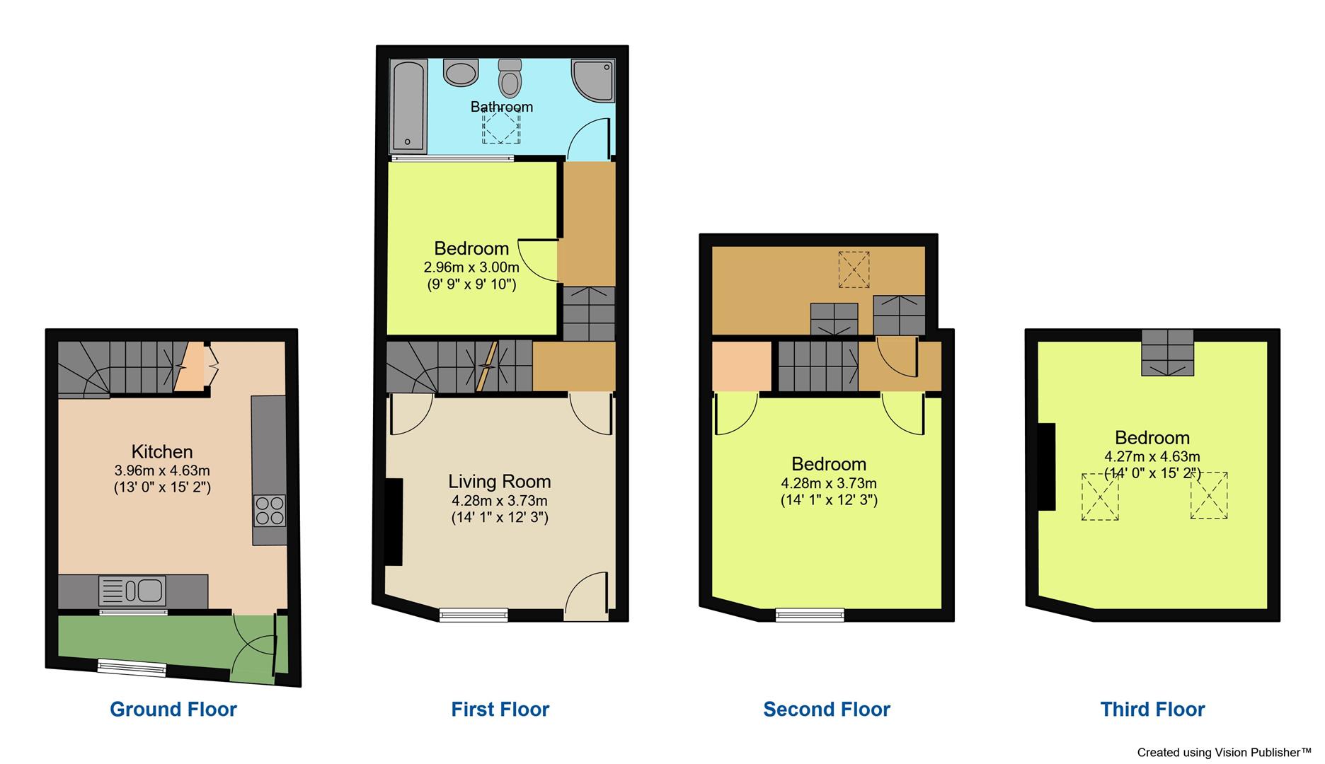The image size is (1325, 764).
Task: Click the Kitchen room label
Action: pyautogui.click(x=161, y=451)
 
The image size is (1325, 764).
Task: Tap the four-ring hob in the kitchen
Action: pyautogui.click(x=270, y=511)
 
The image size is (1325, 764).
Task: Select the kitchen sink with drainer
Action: pyautogui.click(x=132, y=591)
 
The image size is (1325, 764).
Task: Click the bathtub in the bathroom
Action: pyautogui.click(x=408, y=106)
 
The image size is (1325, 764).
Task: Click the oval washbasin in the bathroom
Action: pyautogui.click(x=461, y=72)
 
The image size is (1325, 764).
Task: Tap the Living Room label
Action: pyautogui.click(x=499, y=482)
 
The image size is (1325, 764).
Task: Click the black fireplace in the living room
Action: pyautogui.click(x=394, y=522)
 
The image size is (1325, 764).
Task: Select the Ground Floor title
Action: pyautogui.click(x=173, y=710)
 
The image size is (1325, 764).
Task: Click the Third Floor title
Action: pyautogui.click(x=1152, y=710)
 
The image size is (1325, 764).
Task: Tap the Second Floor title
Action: pyautogui.click(x=827, y=710)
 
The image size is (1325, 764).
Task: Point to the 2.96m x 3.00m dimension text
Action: pyautogui.click(x=471, y=268)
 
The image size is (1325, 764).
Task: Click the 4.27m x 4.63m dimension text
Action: pyautogui.click(x=1152, y=457)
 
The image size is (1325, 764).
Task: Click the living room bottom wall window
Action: pyautogui.click(x=474, y=615)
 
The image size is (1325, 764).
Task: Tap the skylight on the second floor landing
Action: pyautogui.click(x=854, y=270)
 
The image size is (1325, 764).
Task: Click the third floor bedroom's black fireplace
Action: pyautogui.click(x=1046, y=466)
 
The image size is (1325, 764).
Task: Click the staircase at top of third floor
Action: pyautogui.click(x=1167, y=352)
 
